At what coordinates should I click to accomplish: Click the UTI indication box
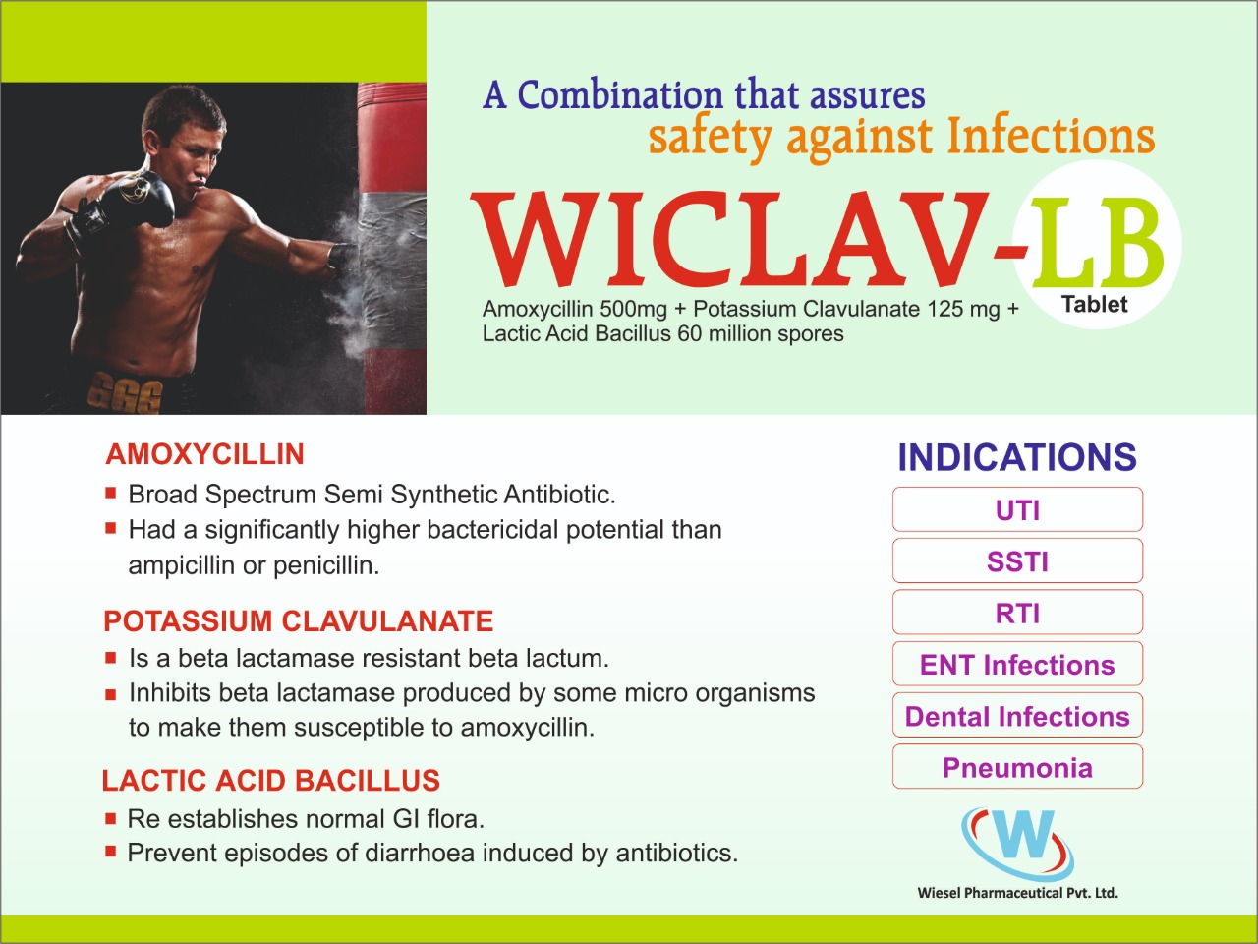point(1017,509)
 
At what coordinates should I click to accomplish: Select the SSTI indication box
point(1017,561)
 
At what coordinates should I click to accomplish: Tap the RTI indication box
point(1017,613)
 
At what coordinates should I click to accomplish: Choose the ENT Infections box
point(1017,664)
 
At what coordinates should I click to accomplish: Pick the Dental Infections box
point(1017,715)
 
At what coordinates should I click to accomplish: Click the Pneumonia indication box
point(1017,767)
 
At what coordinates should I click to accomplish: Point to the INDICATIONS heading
point(1016,457)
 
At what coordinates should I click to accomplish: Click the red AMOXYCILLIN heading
point(204,454)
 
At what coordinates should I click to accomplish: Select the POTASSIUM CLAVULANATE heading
point(298,621)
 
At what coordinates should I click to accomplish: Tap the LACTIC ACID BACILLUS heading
point(271,781)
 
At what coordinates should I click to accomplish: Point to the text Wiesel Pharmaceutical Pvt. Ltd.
point(1018,893)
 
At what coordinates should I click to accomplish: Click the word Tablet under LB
point(1094,305)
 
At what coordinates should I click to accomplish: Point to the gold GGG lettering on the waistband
point(124,392)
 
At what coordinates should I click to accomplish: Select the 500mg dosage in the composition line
point(633,310)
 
